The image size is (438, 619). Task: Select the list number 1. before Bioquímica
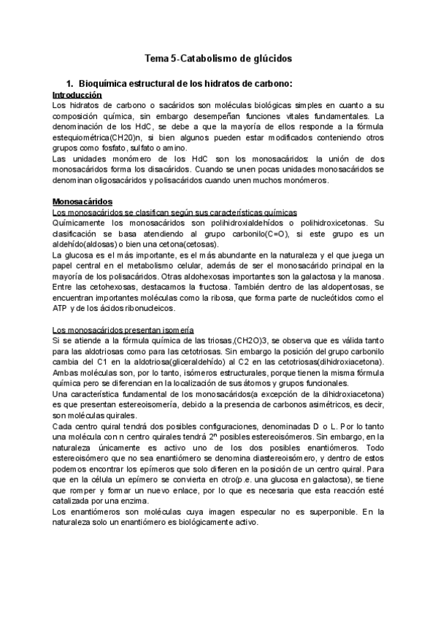pyautogui.click(x=70, y=84)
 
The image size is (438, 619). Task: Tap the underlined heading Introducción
pyautogui.click(x=77, y=95)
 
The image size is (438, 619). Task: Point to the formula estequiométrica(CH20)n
pyautogui.click(x=99, y=137)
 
